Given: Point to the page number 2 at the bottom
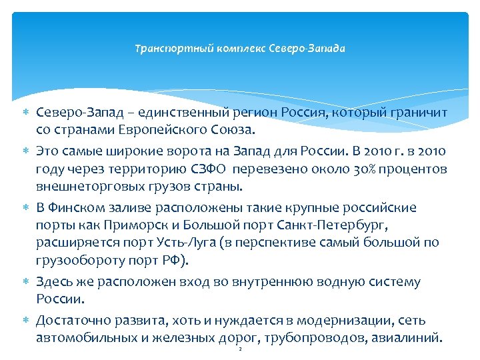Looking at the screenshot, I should (x=239, y=349).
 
